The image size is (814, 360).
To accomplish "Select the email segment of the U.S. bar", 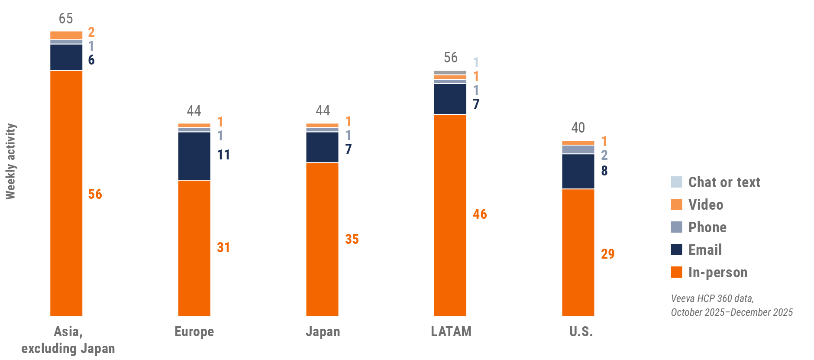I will click(x=578, y=171).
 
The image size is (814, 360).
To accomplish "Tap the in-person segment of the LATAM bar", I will click(x=450, y=215).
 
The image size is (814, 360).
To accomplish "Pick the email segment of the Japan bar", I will click(x=322, y=147).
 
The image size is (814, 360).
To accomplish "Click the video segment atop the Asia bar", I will click(x=66, y=35).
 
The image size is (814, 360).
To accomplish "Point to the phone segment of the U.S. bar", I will click(x=578, y=149).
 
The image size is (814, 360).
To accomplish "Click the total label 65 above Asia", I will click(x=66, y=19).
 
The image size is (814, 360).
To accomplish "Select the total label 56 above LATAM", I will click(x=450, y=58).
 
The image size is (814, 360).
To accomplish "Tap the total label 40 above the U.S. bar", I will click(x=578, y=128).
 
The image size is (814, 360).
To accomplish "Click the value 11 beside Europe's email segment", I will click(x=223, y=155).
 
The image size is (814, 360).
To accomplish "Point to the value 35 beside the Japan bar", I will click(x=352, y=239).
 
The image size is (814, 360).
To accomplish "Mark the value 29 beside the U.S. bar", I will click(x=607, y=254).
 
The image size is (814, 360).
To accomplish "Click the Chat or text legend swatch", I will click(x=676, y=182).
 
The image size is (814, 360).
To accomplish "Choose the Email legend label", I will click(x=705, y=250).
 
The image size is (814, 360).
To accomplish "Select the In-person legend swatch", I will click(x=676, y=272).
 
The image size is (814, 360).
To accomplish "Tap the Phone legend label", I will click(x=707, y=227).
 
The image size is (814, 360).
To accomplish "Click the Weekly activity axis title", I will click(x=10, y=162).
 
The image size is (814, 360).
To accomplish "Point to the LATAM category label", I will click(x=451, y=331).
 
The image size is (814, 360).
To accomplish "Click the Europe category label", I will click(x=194, y=331).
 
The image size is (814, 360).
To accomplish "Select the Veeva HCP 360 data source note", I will click(x=731, y=305).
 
